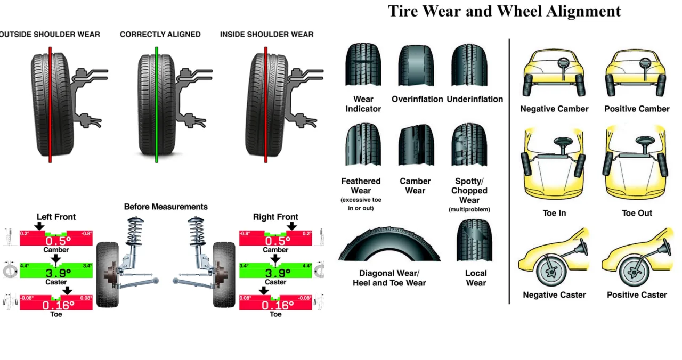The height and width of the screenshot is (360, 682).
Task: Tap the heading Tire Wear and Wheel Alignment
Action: click(x=504, y=11)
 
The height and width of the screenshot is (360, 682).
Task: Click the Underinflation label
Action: click(x=475, y=99)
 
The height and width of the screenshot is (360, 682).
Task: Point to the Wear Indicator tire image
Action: click(x=363, y=66)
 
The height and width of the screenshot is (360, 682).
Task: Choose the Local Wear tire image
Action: click(x=474, y=241)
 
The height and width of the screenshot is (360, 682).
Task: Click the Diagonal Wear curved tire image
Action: click(x=389, y=245)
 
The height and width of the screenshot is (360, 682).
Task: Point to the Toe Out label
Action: click(x=637, y=213)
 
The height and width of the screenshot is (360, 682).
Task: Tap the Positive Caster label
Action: click(x=637, y=295)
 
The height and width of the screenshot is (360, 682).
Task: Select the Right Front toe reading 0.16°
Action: click(x=275, y=305)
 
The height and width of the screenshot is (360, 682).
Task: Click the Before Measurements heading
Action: click(x=166, y=207)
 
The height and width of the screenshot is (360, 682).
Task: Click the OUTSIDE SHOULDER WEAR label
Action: click(x=49, y=34)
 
